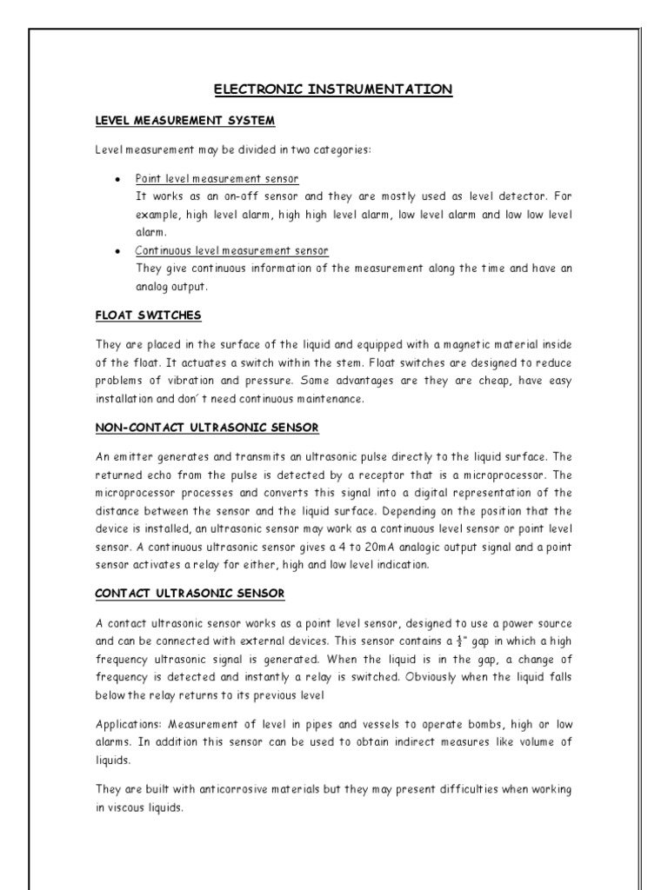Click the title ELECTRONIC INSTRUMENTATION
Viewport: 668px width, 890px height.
pyautogui.click(x=333, y=89)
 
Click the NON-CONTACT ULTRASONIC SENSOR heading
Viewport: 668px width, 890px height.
pyautogui.click(x=206, y=428)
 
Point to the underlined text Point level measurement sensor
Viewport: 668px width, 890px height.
pyautogui.click(x=217, y=178)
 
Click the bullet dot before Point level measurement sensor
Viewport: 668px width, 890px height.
pyautogui.click(x=117, y=179)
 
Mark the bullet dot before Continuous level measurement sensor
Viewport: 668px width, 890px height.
pyautogui.click(x=117, y=251)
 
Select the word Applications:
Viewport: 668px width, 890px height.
pyautogui.click(x=130, y=724)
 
